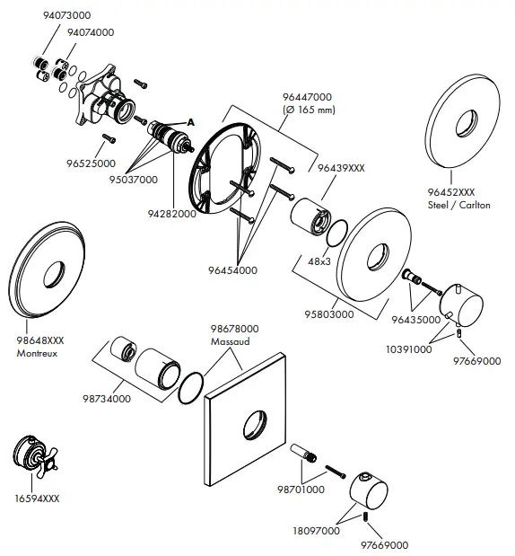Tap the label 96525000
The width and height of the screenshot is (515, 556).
coord(91,163)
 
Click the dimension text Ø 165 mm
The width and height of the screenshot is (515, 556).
coord(309,110)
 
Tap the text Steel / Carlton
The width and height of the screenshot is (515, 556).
coord(459,206)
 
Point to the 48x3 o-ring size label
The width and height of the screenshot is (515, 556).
coord(320,260)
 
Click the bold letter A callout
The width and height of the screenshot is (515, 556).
coord(190,121)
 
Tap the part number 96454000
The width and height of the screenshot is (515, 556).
coord(232,269)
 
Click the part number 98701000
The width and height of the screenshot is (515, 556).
coord(301,492)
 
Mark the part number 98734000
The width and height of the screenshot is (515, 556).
coord(107,398)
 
